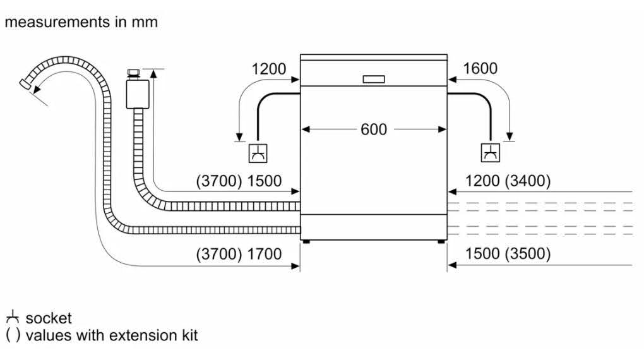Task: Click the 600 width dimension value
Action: pyautogui.click(x=374, y=129)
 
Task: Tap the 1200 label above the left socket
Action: pyautogui.click(x=269, y=69)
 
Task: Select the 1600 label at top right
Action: pyautogui.click(x=480, y=69)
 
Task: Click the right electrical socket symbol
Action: pyautogui.click(x=491, y=152)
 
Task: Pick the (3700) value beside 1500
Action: pyautogui.click(x=219, y=181)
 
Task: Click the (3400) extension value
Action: pyautogui.click(x=528, y=181)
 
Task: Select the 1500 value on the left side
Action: pyautogui.click(x=265, y=181)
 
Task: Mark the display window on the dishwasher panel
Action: pyautogui.click(x=374, y=80)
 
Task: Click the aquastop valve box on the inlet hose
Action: pyautogui.click(x=134, y=92)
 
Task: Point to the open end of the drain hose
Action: pyautogui.click(x=26, y=85)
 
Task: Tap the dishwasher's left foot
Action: pyautogui.click(x=306, y=240)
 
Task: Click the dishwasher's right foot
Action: pyautogui.click(x=441, y=240)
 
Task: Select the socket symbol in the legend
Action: pyautogui.click(x=13, y=318)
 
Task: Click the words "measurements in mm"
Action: pyautogui.click(x=81, y=23)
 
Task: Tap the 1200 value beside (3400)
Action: pyautogui.click(x=482, y=181)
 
